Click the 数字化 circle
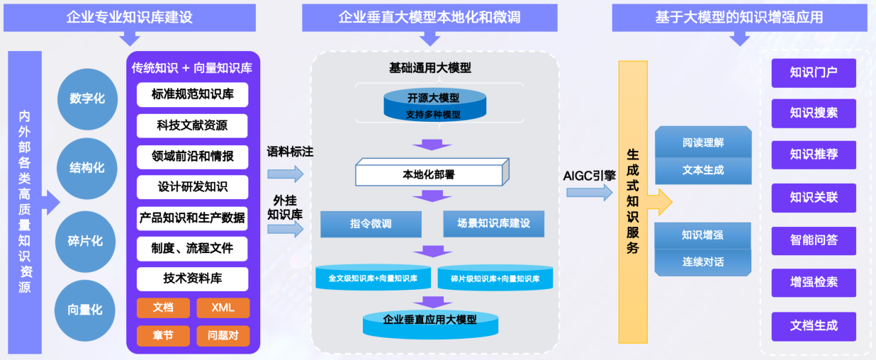(x=86, y=99)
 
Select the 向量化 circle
(x=85, y=310)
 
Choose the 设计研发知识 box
(x=193, y=187)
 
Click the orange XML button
(x=223, y=308)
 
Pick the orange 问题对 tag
(x=223, y=335)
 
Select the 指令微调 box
(x=371, y=224)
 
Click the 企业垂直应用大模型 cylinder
(x=429, y=322)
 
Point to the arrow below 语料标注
(x=286, y=174)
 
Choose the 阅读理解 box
(x=702, y=142)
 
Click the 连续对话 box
(x=702, y=261)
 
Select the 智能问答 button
(x=814, y=240)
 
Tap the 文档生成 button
(x=814, y=326)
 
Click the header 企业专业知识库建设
(x=130, y=17)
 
